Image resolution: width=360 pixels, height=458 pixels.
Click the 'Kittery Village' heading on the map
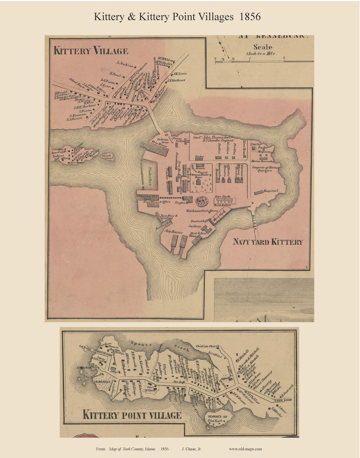click(91, 51)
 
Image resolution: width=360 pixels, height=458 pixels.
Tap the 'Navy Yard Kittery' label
click(268, 242)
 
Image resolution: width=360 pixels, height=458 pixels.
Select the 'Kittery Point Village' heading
click(132, 415)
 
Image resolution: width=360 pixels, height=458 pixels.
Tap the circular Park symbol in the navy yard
click(201, 201)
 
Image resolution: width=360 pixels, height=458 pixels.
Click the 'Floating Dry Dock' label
click(147, 197)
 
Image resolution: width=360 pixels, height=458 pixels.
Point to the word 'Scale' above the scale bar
click(263, 47)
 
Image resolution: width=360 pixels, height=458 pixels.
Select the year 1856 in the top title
click(250, 17)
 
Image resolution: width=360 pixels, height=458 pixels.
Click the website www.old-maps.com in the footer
click(245, 449)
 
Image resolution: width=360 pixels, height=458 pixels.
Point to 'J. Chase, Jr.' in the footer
click(192, 449)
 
